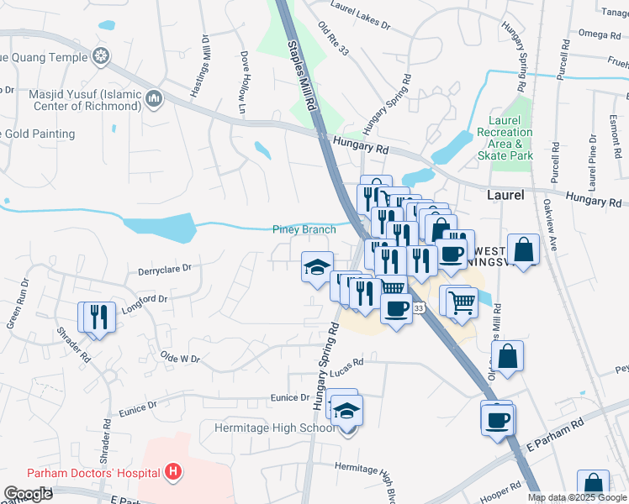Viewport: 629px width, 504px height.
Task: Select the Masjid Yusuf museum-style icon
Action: (x=154, y=99)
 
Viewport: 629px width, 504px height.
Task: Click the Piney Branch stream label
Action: (x=304, y=229)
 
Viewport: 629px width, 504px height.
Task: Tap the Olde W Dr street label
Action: (x=180, y=359)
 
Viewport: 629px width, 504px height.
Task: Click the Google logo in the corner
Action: (x=28, y=494)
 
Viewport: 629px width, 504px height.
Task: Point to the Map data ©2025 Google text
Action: (x=576, y=497)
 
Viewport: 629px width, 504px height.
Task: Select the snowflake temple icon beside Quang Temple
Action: (x=101, y=57)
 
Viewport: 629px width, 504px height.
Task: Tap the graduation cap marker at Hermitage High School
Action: (x=345, y=411)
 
